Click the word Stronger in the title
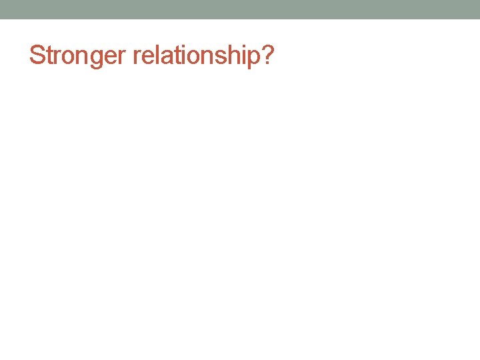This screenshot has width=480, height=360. (x=78, y=55)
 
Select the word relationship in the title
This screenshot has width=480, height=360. (x=197, y=55)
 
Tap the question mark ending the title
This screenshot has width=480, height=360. (x=267, y=55)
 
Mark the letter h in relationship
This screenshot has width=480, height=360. (x=230, y=55)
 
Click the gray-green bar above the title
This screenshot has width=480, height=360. (x=240, y=9)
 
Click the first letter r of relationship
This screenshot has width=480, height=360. (x=136, y=57)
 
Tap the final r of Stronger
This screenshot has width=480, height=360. (x=122, y=57)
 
